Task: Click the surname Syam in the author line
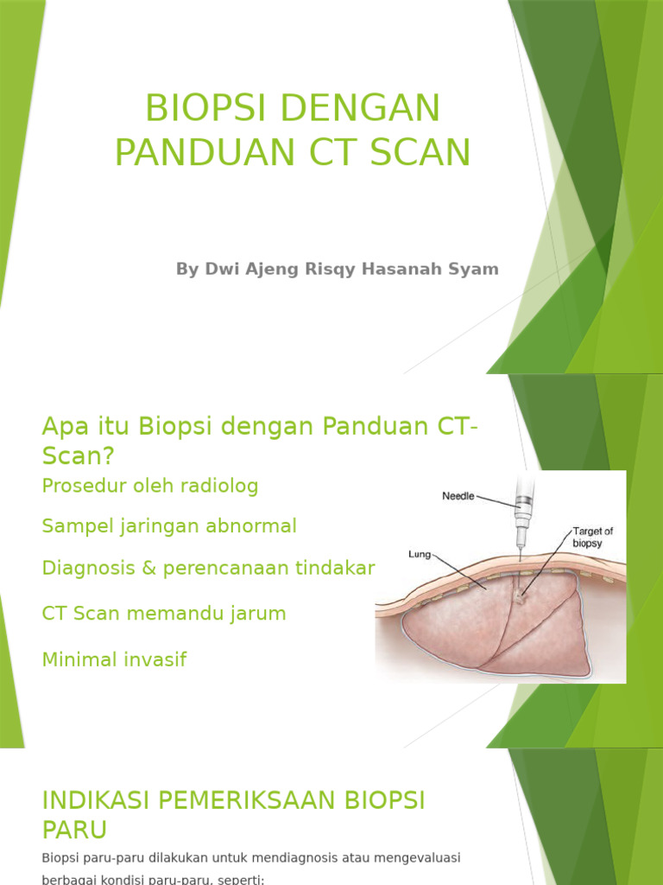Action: tap(479, 269)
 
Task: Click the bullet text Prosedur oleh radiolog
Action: tap(149, 486)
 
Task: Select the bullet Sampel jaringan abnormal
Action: tap(168, 525)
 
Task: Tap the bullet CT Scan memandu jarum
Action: tap(163, 614)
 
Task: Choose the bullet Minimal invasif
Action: tap(114, 659)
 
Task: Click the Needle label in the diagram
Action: tap(458, 497)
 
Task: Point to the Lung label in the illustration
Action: tap(420, 553)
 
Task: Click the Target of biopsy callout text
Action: tap(592, 537)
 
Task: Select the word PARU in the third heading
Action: tap(74, 830)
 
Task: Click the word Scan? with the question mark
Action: tap(77, 455)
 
